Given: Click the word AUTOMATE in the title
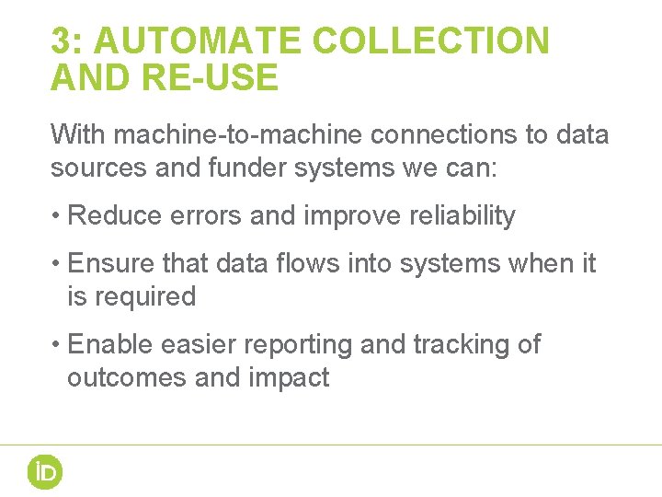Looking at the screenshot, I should pyautogui.click(x=198, y=41).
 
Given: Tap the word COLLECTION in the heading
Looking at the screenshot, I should pyautogui.click(x=430, y=41).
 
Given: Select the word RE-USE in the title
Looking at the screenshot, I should pyautogui.click(x=209, y=79).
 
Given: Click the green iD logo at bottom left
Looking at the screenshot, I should pyautogui.click(x=44, y=472).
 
